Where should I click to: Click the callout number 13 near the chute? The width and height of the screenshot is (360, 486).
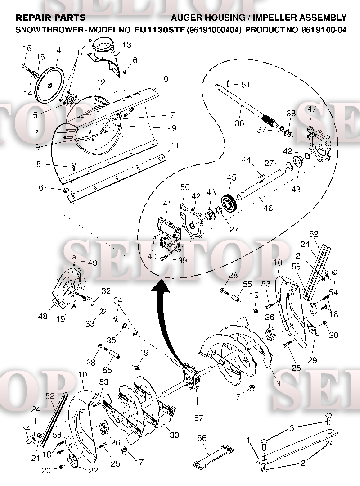coord(126,45)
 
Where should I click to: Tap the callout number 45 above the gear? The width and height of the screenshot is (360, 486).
coord(232,177)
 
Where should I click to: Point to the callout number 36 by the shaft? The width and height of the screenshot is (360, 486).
coord(239,123)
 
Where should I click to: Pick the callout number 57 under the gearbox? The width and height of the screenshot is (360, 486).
coord(199,418)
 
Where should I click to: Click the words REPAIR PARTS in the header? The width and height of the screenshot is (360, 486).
coord(51,18)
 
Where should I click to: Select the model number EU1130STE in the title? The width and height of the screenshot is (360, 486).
coord(160,30)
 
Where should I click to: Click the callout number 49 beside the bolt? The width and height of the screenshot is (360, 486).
coord(93,263)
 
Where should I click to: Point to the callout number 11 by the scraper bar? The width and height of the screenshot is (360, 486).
coord(175,145)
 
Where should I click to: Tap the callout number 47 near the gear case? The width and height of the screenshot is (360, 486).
coord(312,109)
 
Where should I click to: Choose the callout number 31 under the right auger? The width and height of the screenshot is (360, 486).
coord(280,383)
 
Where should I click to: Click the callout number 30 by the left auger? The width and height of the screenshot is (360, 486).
coord(174,435)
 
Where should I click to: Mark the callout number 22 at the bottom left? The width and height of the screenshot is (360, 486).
coord(93,471)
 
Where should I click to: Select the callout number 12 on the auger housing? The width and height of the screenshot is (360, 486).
coord(101,82)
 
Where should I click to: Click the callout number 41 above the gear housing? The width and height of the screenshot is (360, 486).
coord(167,204)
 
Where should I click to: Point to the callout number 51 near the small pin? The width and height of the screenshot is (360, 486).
coord(245,84)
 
